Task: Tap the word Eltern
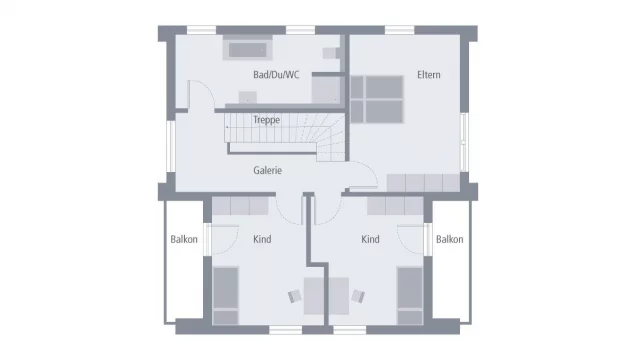pos(429,74)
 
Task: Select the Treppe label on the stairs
pos(266,120)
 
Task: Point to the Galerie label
pos(267,170)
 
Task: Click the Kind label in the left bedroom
pos(262,239)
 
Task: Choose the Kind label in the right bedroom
pos(370,239)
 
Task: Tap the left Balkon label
pos(183,239)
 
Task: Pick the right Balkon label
pos(449,239)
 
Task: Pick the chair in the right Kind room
pos(357,296)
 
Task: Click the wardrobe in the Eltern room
pos(421,183)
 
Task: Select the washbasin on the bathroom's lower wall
pos(247,97)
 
